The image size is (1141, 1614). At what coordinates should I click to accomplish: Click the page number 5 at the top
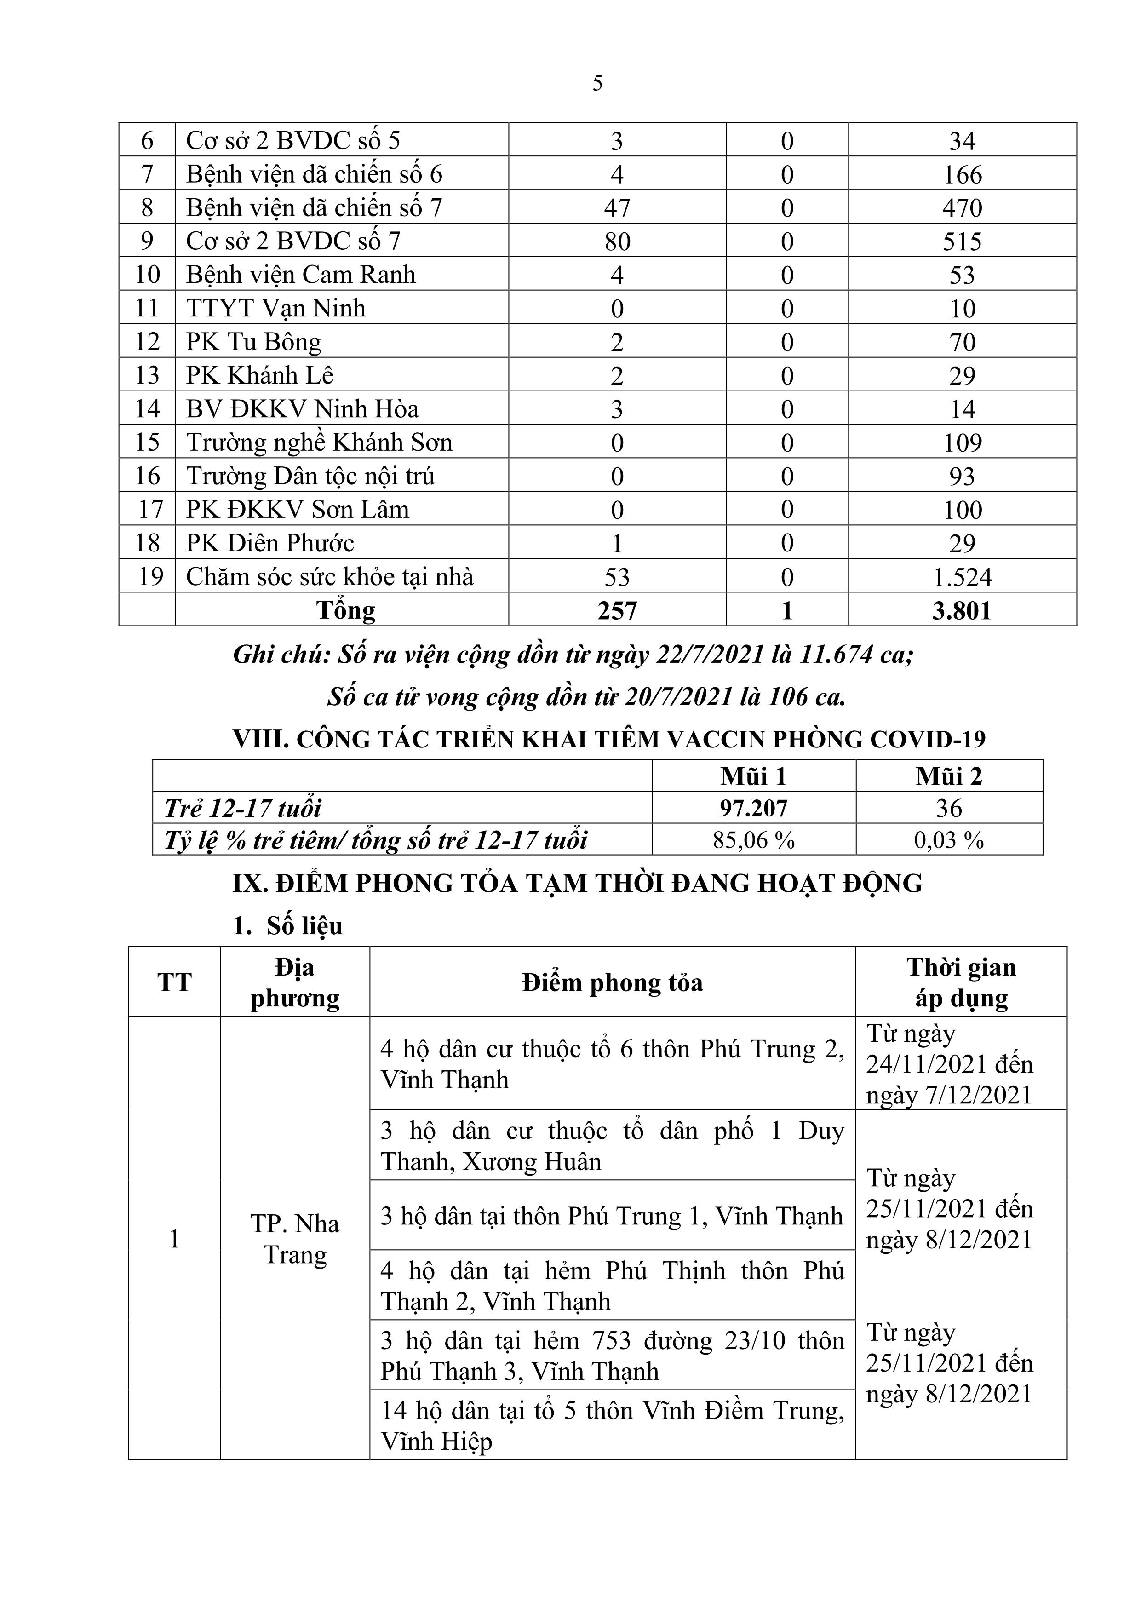[597, 84]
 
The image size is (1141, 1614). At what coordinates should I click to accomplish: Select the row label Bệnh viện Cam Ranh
[300, 274]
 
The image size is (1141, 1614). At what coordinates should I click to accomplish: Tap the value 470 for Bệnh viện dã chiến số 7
[962, 208]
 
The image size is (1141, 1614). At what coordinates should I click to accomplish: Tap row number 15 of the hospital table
[148, 442]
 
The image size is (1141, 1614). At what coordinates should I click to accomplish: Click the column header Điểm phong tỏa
[612, 983]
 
